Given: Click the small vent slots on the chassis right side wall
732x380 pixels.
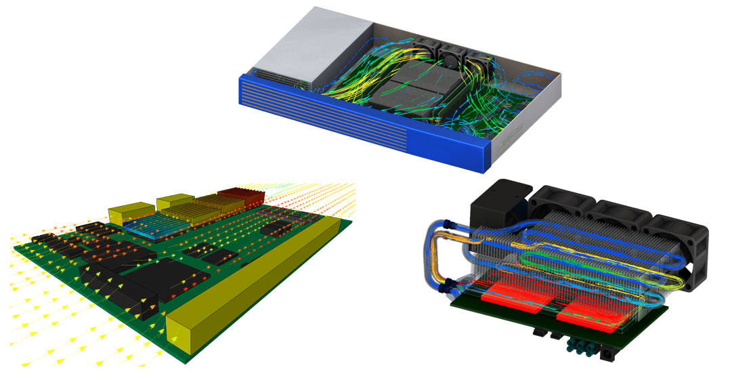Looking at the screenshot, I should [x=502, y=142].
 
